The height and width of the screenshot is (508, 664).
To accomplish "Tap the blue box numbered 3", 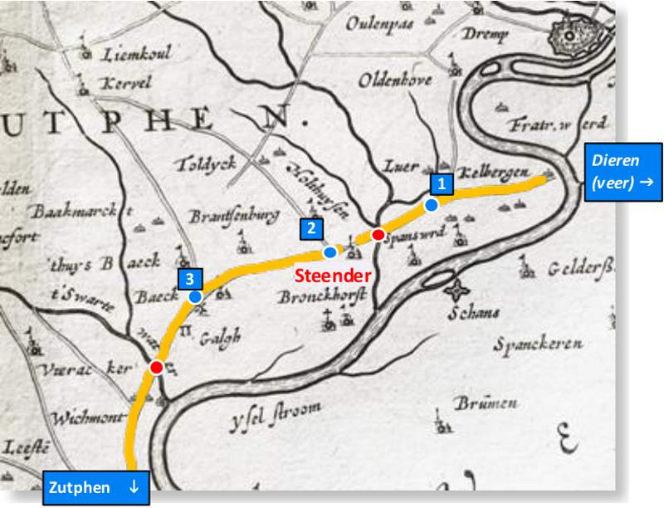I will coord(189,279).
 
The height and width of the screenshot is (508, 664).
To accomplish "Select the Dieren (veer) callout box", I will coord(624,172).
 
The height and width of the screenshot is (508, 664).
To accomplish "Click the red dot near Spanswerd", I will coord(378,235).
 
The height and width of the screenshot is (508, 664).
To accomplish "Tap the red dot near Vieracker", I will coord(156,367).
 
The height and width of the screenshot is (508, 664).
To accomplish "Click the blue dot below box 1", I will coord(432,204).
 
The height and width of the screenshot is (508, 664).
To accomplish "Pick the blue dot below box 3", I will coord(195,296).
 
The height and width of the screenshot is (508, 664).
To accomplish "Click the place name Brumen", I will coord(486,403).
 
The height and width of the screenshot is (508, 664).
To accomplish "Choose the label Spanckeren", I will coord(538,343).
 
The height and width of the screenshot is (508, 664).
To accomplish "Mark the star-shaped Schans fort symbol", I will coord(456,291).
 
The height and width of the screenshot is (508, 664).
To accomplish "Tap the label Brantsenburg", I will coord(233,217).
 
